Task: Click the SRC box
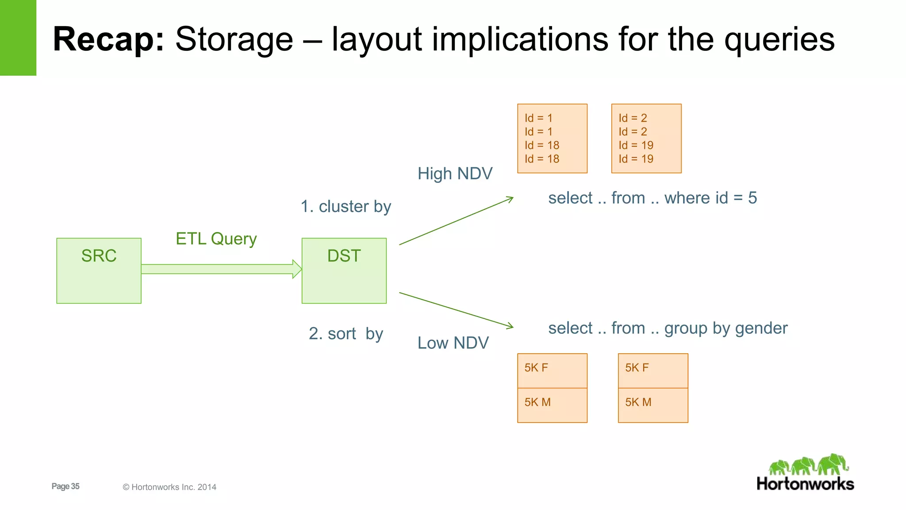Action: pos(99,270)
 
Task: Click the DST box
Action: pos(344,270)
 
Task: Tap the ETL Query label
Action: pos(216,239)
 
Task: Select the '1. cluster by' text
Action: pos(346,206)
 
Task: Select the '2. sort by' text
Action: pos(346,333)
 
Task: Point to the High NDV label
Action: pos(455,174)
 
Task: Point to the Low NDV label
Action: pos(453,343)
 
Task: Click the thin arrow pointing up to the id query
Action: pos(456,221)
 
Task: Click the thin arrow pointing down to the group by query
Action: pos(456,309)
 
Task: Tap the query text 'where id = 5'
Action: pos(710,198)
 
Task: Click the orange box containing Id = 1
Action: pos(552,138)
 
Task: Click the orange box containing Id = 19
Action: pos(646,138)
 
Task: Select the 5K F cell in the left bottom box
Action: pos(552,371)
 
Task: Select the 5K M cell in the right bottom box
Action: pos(653,405)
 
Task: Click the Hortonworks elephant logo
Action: pos(808,465)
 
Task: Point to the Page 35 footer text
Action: pos(65,486)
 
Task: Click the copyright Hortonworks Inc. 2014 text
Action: pos(169,487)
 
